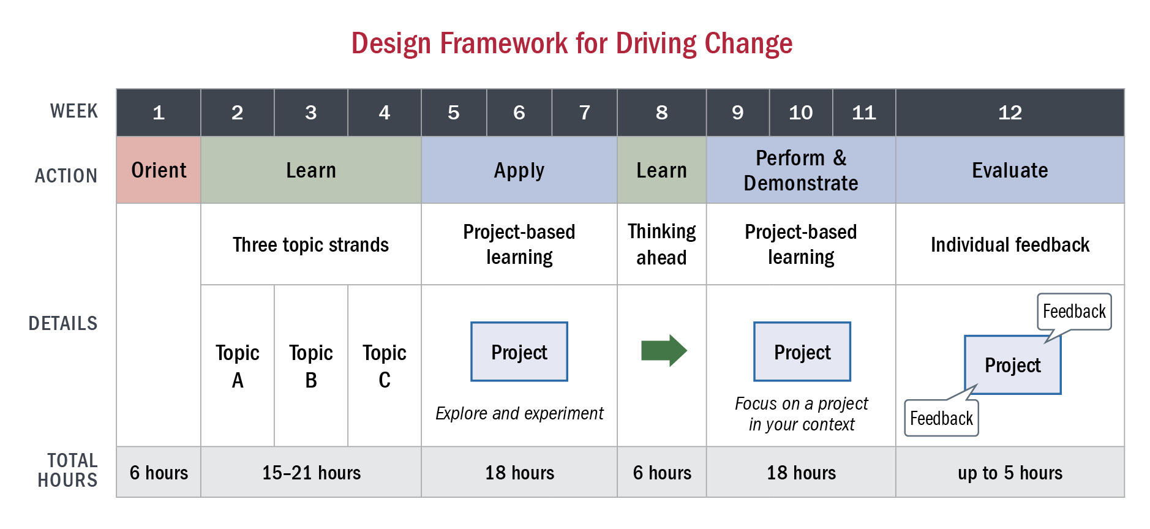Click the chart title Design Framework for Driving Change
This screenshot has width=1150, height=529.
coord(572,43)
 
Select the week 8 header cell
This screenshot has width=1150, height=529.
coord(662,113)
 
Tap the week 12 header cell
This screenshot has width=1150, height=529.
coord(1010,113)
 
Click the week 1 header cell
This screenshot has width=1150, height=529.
coord(159,113)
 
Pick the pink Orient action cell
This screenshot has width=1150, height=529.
coord(159,170)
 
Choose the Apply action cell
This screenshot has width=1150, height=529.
coord(519,170)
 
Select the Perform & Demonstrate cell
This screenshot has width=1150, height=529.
coord(801,170)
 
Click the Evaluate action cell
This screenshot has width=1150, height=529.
coord(1010,170)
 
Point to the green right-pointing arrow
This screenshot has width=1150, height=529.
coord(664,351)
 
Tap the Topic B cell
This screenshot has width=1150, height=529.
coord(311,366)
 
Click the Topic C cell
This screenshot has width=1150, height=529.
coord(385,366)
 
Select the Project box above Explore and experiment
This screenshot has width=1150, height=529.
coord(519,351)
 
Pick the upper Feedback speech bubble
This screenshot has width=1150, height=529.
coord(1074,312)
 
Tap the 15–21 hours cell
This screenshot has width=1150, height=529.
coord(311,472)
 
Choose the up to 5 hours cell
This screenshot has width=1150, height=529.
coord(1010,472)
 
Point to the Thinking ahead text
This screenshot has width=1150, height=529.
coord(662,244)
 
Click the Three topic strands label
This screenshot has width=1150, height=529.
coord(310,245)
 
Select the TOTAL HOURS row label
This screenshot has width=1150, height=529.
coord(67,470)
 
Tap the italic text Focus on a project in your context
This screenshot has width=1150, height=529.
coord(802,414)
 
